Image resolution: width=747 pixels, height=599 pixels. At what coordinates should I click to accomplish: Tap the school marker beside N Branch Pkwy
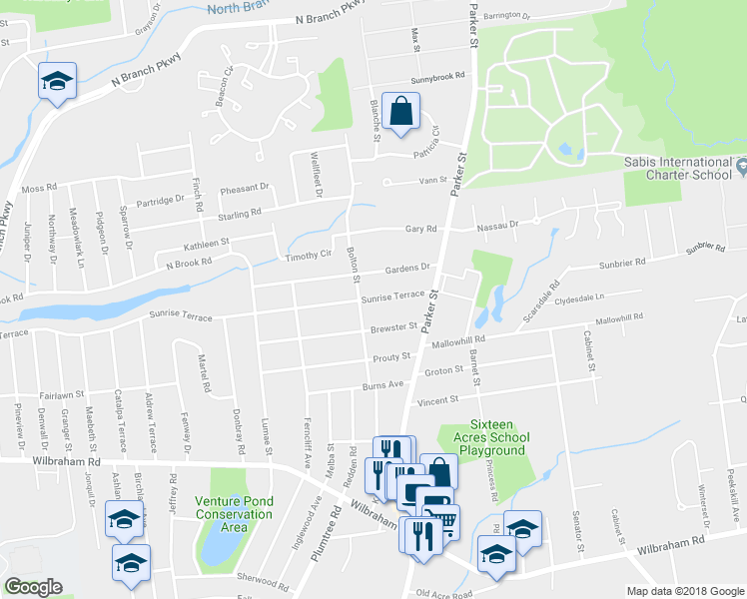(57, 82)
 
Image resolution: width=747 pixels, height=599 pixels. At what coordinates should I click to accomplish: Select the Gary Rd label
(421, 229)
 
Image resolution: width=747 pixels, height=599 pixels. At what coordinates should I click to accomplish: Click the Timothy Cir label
(308, 256)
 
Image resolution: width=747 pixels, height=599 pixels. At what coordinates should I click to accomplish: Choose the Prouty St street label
(390, 356)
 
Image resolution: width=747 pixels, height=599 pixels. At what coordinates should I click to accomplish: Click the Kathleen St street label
(206, 243)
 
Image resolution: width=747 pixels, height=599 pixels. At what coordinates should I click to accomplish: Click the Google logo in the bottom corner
(34, 587)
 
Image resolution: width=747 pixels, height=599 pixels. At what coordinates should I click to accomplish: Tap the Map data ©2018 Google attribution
(686, 591)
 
